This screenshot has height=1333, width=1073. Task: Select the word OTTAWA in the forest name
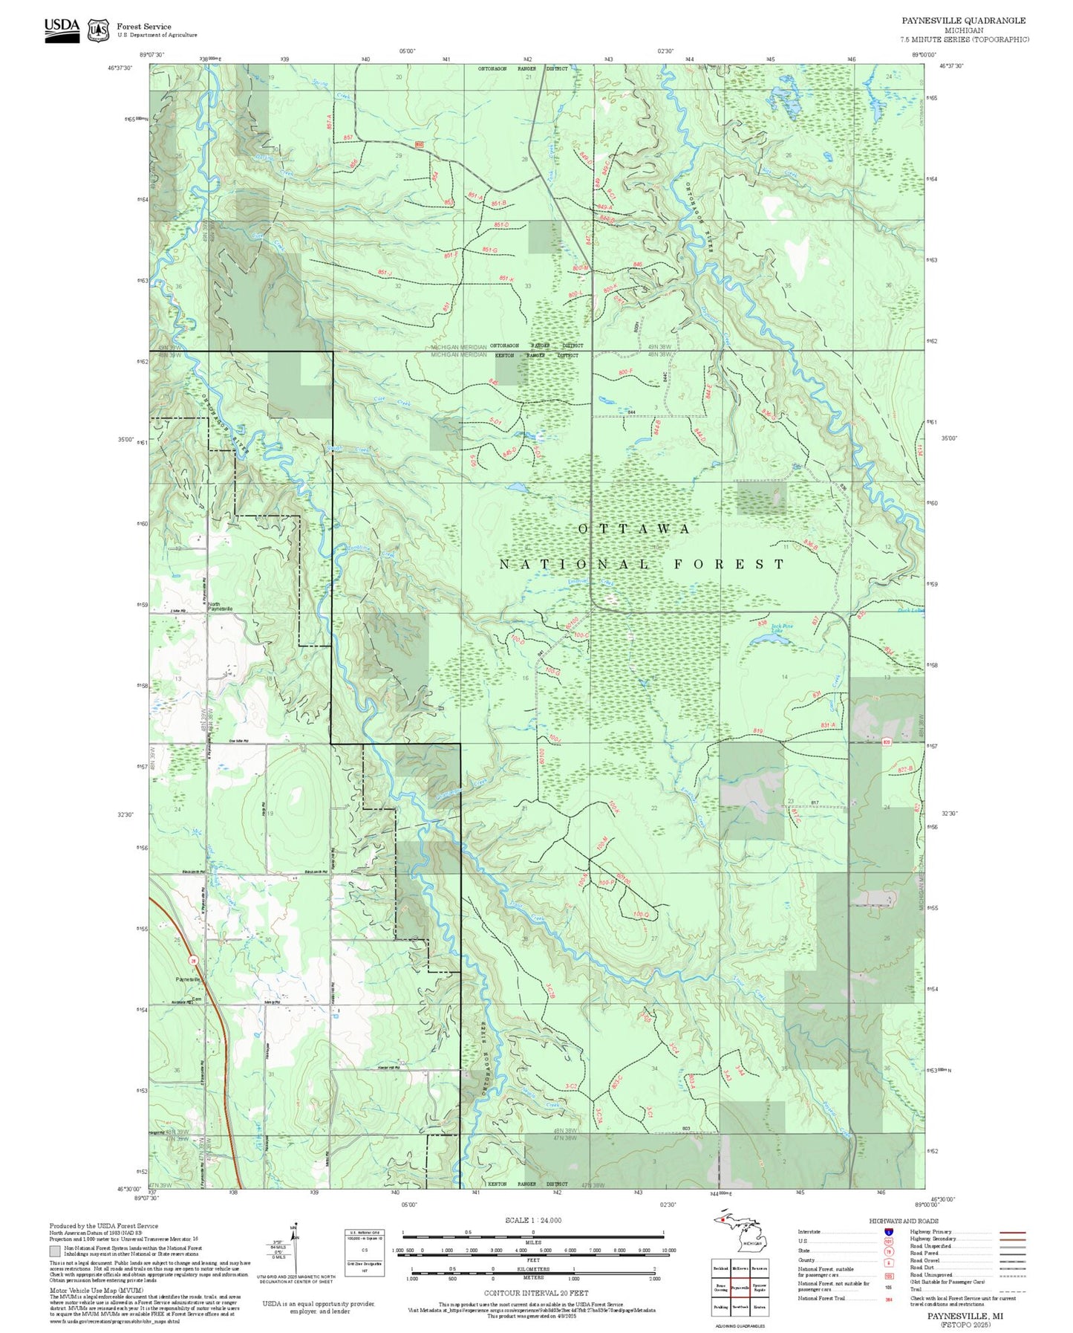point(634,528)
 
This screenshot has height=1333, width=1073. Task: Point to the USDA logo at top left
point(62,29)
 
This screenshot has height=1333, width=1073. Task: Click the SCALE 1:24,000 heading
point(532,1220)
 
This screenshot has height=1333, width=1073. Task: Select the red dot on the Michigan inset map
point(723,1239)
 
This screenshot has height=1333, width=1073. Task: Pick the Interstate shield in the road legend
point(887,1232)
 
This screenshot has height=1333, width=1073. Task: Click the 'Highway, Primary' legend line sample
point(1012,1232)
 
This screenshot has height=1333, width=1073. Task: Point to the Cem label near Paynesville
point(197,999)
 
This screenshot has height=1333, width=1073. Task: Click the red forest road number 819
point(757,732)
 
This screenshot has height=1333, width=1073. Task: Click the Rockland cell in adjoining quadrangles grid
point(720,1268)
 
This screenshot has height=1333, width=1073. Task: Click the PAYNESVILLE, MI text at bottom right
point(965,1315)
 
